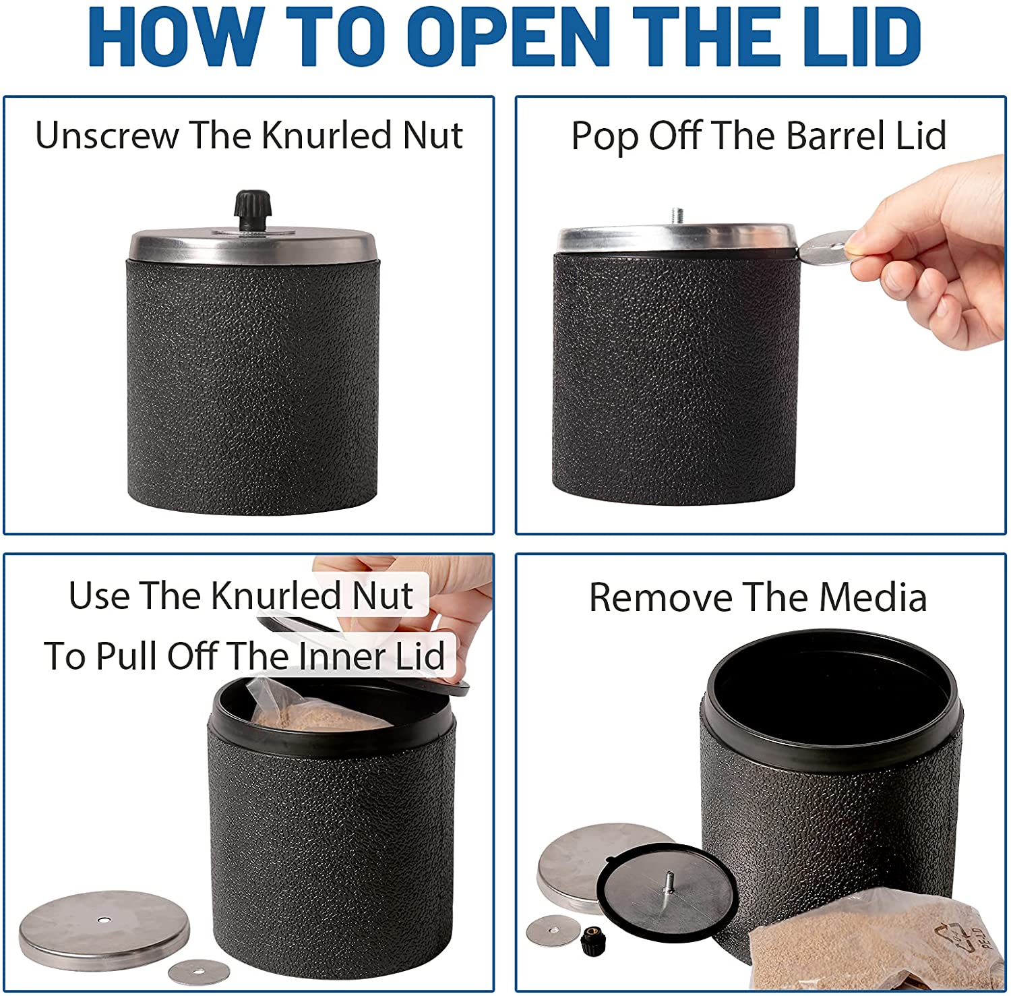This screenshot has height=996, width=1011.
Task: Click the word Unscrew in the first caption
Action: [x=106, y=135]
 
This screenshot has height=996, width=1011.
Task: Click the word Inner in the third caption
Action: [x=341, y=655]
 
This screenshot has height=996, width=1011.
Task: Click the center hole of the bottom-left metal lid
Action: [x=103, y=920]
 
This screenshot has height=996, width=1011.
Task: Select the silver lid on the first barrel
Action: [x=253, y=245]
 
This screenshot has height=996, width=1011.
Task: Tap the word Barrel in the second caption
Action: [x=835, y=136]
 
